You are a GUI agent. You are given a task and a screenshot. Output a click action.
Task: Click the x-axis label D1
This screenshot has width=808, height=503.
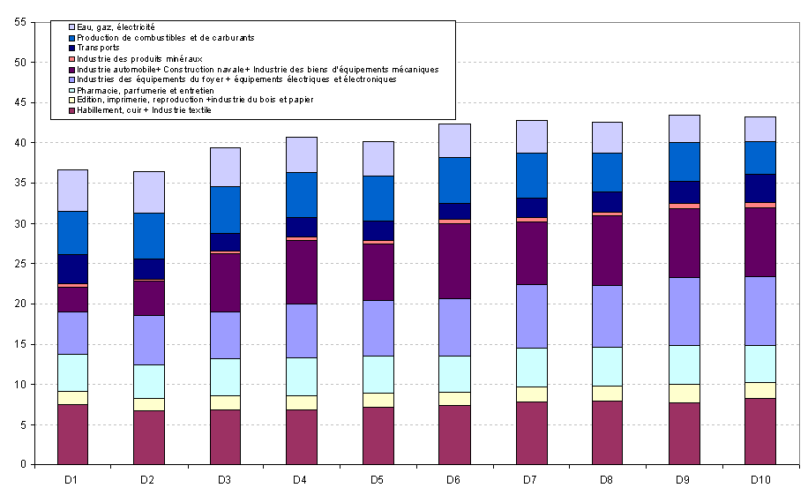[72, 479]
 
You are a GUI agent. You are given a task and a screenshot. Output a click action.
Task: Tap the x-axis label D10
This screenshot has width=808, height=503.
[760, 479]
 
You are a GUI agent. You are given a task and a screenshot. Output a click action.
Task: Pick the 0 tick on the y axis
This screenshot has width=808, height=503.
[22, 465]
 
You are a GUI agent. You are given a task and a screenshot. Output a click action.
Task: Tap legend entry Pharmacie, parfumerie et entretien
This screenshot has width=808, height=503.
[145, 90]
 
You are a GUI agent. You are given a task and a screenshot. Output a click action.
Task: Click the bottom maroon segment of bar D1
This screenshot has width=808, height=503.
[72, 434]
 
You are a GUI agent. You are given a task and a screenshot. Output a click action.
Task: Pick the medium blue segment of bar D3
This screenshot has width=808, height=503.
[226, 209]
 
